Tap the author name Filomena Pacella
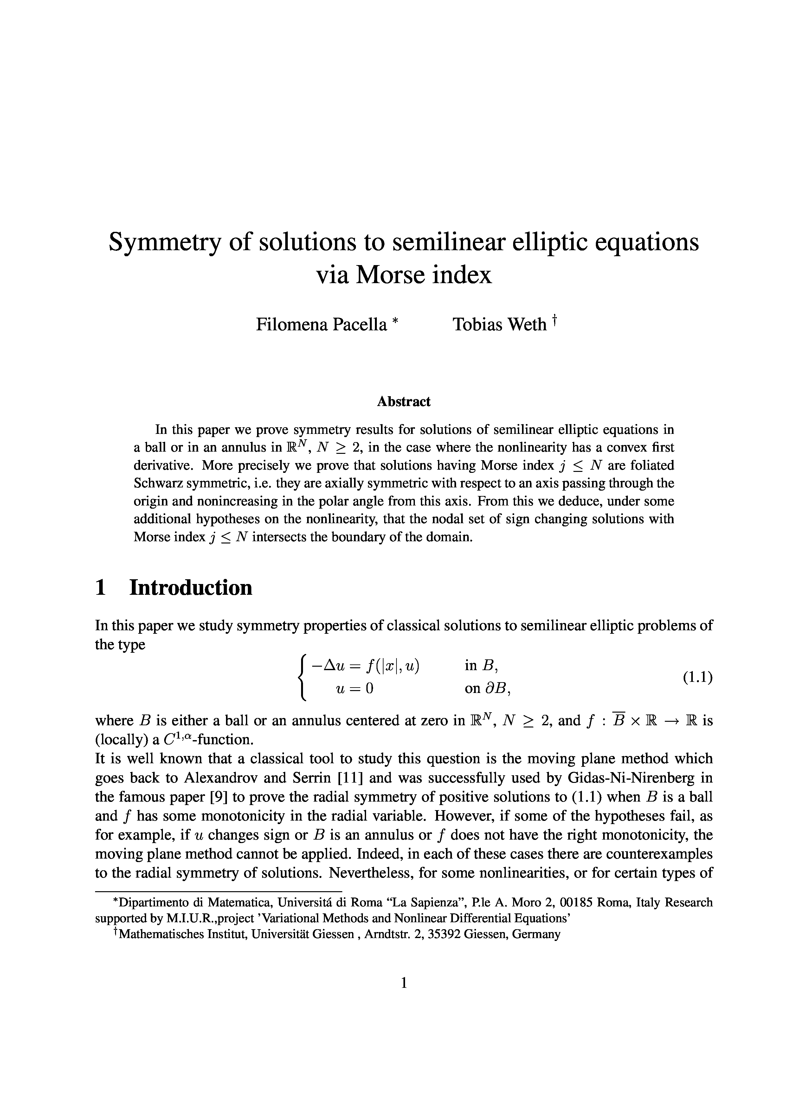pos(322,324)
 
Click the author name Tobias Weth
pos(499,324)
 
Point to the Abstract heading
pos(403,402)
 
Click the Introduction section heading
pos(191,587)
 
